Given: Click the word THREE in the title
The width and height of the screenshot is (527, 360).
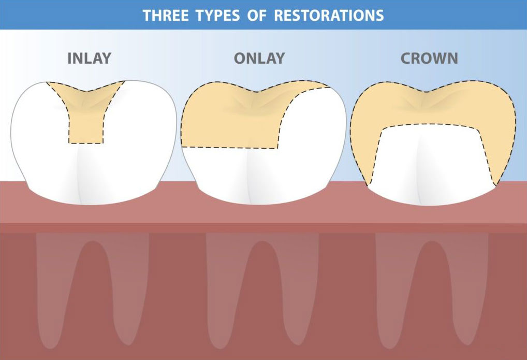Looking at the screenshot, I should (x=166, y=15).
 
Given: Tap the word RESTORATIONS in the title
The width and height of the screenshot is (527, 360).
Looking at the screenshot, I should (x=329, y=15).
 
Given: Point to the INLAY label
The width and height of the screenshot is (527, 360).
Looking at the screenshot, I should (x=89, y=58).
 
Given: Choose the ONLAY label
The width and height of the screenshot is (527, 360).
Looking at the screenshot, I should (x=259, y=58).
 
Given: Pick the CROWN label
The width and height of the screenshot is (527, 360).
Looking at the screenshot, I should (x=430, y=58).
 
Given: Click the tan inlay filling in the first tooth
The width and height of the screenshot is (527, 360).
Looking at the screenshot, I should (x=86, y=98).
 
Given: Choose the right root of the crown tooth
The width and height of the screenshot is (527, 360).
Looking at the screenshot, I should (x=469, y=290).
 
